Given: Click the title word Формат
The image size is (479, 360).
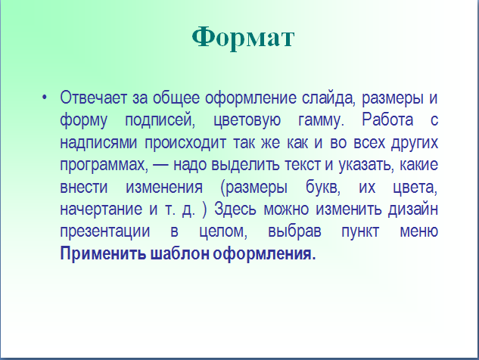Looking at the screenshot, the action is point(243,38).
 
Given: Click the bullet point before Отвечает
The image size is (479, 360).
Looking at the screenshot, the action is point(45,98).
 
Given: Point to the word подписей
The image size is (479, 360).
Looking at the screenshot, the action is point(160,120).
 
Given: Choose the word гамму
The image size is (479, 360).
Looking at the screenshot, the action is point(321,121).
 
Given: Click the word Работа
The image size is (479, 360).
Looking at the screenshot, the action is point(387,119).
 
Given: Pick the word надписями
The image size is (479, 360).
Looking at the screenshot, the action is point(98,143).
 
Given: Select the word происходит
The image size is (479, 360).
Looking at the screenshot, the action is point(185,143).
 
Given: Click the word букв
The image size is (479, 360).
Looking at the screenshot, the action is point(323,187).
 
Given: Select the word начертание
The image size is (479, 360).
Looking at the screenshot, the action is point(101,209).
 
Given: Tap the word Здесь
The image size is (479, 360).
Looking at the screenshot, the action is point(235,209).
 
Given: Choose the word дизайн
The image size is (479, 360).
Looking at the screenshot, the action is point(413,209).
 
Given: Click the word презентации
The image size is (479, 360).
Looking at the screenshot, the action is point(104,231).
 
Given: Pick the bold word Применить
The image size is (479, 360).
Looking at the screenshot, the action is point(103,254).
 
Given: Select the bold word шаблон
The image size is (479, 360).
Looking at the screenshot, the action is point(179,254).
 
